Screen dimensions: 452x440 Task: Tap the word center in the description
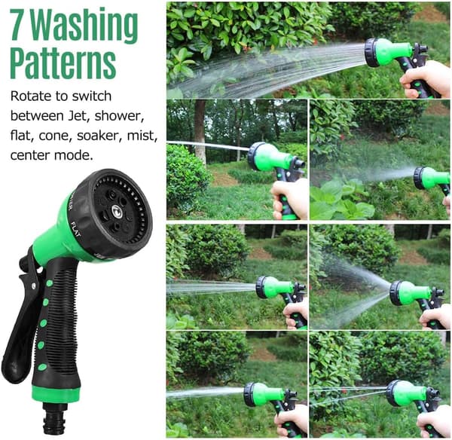[x=29, y=155]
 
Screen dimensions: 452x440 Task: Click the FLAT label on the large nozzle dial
[x=76, y=230]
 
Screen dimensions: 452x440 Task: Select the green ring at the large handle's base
[x=55, y=394]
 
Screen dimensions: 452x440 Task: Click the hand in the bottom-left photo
[x=291, y=421]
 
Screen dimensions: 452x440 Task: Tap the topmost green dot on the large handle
[x=49, y=283]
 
